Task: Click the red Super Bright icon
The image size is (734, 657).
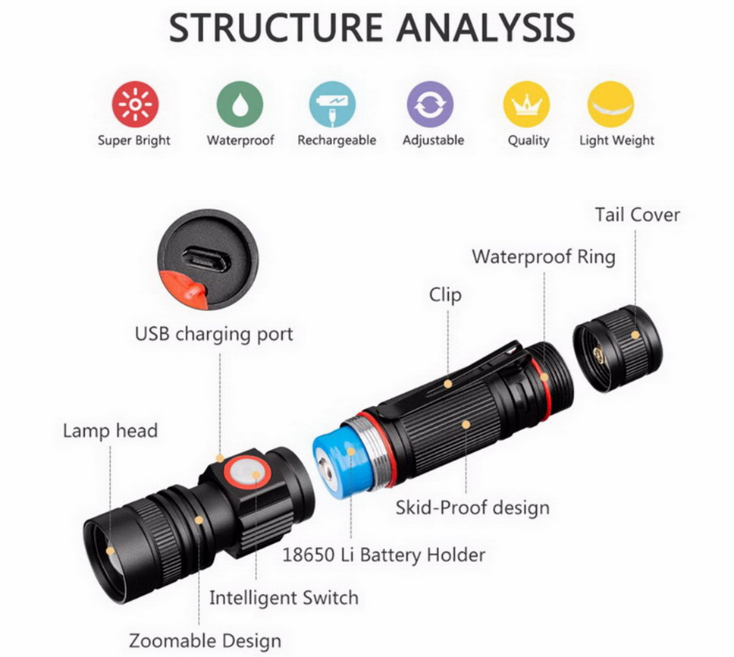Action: (x=134, y=104)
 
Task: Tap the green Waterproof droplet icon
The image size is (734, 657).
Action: (x=240, y=104)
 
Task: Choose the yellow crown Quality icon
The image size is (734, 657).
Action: (x=527, y=104)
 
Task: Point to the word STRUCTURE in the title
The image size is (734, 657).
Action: (x=275, y=28)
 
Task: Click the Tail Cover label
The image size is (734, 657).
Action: (x=637, y=215)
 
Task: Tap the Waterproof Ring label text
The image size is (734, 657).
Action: (x=544, y=256)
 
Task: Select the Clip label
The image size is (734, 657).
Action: (x=445, y=294)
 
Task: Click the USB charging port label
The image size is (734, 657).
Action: (x=214, y=334)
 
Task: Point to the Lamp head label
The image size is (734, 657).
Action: (x=110, y=431)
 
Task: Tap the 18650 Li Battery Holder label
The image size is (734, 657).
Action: (x=384, y=555)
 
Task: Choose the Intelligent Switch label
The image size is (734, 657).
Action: (x=284, y=597)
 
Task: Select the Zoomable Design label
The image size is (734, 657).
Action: (x=205, y=640)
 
